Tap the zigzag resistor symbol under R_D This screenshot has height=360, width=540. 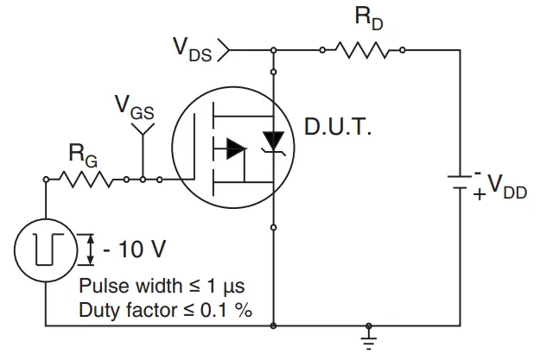tap(364, 50)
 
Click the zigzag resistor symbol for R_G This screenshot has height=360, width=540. tap(86, 180)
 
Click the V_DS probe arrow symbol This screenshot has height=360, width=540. tap(224, 50)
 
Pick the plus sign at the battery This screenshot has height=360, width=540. tap(479, 195)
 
